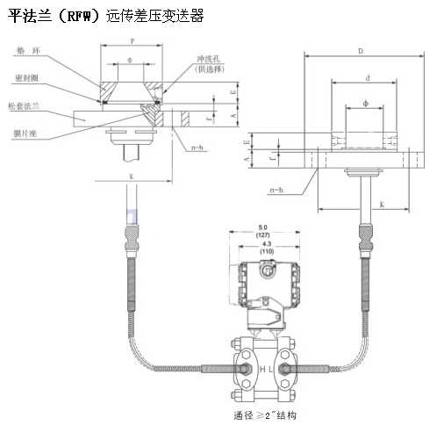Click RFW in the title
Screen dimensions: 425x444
click(76, 15)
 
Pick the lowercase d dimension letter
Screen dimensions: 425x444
click(366, 77)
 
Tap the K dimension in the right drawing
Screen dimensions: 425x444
click(383, 203)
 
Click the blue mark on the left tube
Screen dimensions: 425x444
click(132, 213)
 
